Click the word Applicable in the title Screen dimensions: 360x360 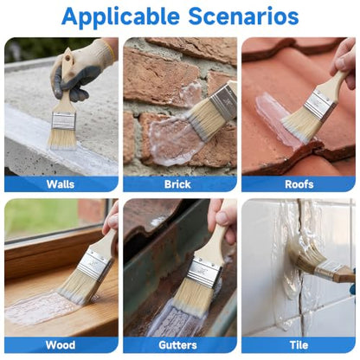point(120,17)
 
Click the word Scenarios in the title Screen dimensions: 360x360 point(244,16)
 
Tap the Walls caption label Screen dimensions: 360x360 point(61,184)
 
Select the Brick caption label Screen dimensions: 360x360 point(177,184)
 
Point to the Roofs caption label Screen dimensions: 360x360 point(299,184)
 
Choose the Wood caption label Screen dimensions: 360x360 point(61,345)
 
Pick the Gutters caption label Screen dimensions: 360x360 point(177,345)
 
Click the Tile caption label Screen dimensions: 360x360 point(299,345)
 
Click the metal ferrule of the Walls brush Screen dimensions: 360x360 point(63,120)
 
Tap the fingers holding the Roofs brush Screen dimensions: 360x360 point(344,62)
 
